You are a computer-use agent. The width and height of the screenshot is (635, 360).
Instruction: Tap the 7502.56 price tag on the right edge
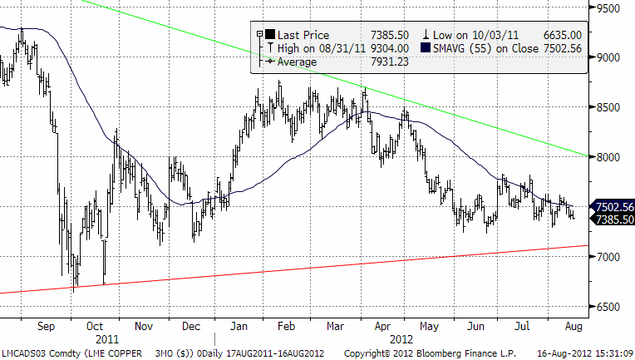click(x=614, y=207)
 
